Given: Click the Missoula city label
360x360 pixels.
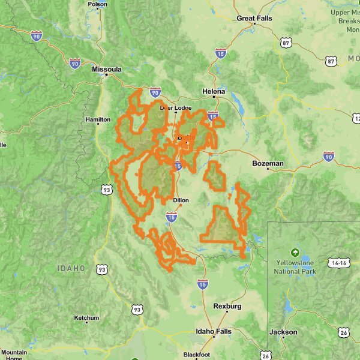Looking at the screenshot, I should [x=107, y=70].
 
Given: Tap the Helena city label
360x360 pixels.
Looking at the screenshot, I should [x=214, y=91].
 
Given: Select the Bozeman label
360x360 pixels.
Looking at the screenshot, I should [x=268, y=163].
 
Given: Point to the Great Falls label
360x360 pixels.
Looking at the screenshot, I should [x=254, y=19].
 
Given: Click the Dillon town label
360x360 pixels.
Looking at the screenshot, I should [x=181, y=200].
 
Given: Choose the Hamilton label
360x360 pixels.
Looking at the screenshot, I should [x=98, y=120].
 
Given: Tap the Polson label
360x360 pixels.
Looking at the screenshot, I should [x=97, y=4].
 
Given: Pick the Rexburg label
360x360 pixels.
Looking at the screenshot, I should [x=227, y=307].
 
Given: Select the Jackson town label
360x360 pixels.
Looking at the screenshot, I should [x=283, y=332].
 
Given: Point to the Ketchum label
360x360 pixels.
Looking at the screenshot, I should [x=86, y=317].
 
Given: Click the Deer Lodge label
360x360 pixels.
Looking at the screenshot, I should [x=175, y=108].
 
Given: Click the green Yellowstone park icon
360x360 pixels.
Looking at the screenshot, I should [x=295, y=252].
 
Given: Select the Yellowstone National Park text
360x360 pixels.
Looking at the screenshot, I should [x=295, y=268].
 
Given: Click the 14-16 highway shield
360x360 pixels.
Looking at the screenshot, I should [x=338, y=263].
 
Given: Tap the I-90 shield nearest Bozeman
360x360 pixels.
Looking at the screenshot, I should [x=328, y=157].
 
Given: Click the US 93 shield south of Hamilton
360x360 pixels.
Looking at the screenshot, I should [x=107, y=190].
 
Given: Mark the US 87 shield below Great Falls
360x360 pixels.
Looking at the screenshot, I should [x=286, y=43].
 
